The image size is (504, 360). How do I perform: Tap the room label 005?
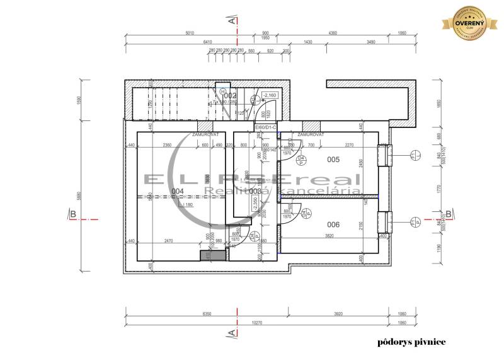tap(333, 160)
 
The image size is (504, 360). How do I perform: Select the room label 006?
tap(333, 224)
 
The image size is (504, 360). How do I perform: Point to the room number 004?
tap(178, 191)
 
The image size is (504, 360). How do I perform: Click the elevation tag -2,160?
tap(270, 95)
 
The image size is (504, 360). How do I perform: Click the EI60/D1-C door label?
tap(266, 127)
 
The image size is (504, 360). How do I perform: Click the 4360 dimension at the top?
tap(333, 33)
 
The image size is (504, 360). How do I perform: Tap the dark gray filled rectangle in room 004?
tap(212, 255)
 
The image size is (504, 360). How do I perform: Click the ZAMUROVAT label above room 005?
tap(311, 134)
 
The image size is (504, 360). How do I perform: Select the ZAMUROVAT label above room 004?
tap(187, 134)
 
